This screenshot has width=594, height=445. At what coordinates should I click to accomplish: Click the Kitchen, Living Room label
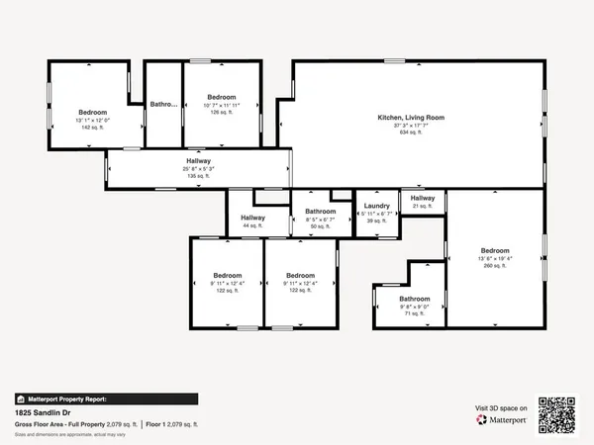411,117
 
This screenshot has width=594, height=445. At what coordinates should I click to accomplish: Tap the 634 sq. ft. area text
411,133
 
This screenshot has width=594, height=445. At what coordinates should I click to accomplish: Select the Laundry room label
376,206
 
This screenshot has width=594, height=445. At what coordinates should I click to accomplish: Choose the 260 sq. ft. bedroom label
495,250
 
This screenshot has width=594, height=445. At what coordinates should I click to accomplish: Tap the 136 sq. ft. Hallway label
198,160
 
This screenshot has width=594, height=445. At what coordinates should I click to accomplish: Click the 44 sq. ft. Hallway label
252,218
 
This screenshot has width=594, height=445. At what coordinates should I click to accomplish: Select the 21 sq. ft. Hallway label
423,198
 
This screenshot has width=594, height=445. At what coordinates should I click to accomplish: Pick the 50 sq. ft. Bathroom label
321,212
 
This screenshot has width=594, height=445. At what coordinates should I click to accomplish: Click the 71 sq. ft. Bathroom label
415,299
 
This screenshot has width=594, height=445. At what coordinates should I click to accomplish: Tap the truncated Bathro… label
163,104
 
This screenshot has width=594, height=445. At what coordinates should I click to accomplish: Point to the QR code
557,413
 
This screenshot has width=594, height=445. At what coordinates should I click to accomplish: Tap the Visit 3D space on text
501,406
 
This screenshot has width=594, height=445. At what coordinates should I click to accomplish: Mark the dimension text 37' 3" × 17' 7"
411,125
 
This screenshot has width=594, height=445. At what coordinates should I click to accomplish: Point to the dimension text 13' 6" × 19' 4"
495,258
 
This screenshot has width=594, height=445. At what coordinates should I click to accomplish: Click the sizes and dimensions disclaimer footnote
59,433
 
